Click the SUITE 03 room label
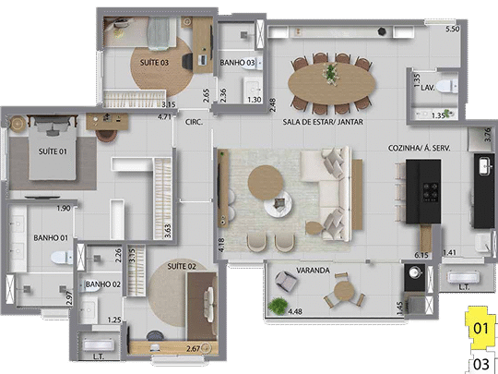point(154,62)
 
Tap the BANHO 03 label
point(238,63)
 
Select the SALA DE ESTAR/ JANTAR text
point(323,121)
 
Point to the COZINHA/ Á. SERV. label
point(420,148)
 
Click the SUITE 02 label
point(180,267)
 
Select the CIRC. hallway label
point(194,121)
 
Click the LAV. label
point(428,86)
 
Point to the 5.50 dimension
point(452,30)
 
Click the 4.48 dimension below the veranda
point(295,312)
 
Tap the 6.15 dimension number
point(423,254)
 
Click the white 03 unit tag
point(480,363)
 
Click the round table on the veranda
point(343,291)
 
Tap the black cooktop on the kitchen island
point(431,190)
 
